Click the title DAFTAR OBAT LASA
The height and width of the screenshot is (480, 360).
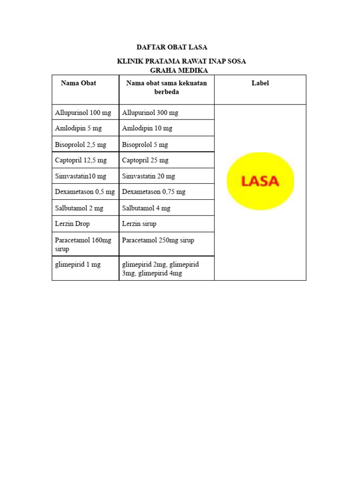172,47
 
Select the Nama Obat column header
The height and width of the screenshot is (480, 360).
78,83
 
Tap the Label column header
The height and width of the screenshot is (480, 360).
260,83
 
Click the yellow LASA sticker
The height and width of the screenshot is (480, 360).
260,180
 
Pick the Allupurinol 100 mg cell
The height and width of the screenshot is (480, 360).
83,113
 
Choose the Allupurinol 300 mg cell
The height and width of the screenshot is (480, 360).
150,113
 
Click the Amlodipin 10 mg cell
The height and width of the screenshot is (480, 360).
147,128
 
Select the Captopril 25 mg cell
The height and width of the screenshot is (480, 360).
145,160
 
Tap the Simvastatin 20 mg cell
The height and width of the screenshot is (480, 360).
149,176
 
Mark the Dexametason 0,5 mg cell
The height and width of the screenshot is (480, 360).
85,192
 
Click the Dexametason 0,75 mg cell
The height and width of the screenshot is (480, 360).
154,192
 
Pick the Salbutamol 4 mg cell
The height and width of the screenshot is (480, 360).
146,208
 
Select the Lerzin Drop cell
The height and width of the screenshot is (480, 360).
72,224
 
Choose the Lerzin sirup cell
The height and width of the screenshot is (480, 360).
139,224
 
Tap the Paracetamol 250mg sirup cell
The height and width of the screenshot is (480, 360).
158,240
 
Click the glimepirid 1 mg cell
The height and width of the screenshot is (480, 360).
78,265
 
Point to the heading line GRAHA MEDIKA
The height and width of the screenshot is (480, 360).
179,70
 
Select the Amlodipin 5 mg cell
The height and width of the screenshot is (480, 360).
78,128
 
